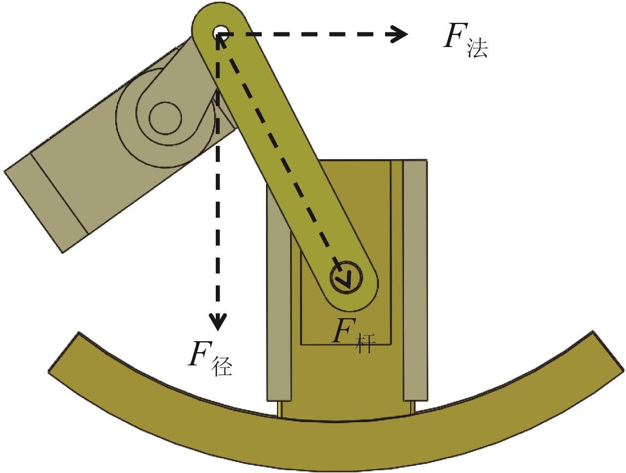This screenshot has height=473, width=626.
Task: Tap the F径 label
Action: coord(210,357)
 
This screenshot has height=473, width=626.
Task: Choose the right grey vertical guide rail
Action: coord(414,279)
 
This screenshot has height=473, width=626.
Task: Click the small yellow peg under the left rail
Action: coord(280,408)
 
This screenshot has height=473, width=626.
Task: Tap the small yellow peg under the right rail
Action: coord(411,407)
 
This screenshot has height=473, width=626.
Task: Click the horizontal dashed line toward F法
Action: coord(306,34)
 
